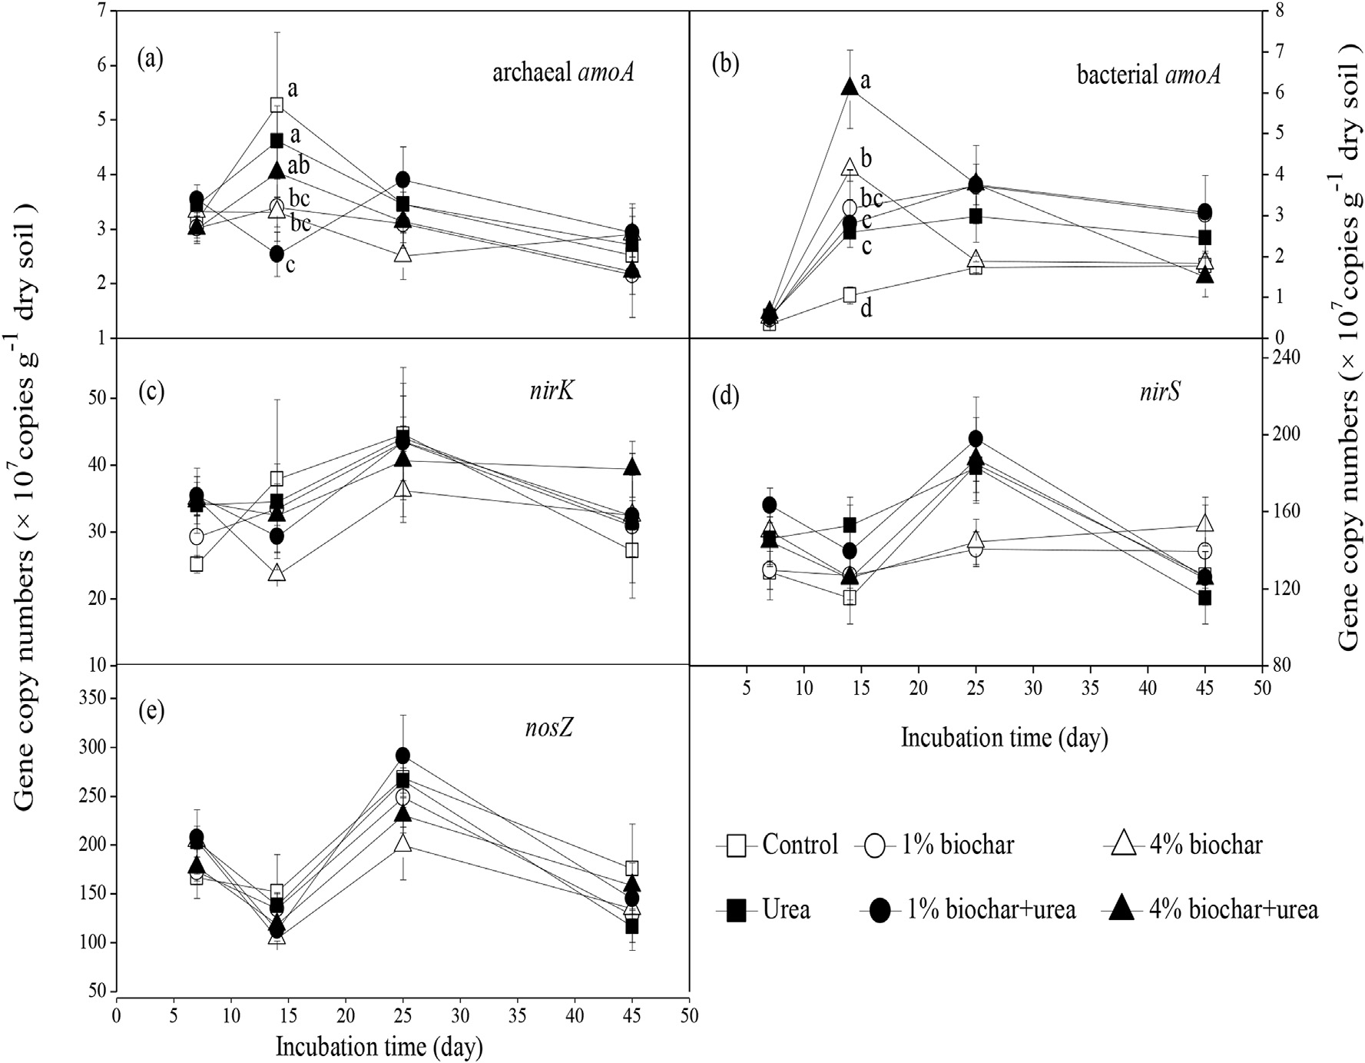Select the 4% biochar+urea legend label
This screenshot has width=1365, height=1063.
(x=1233, y=909)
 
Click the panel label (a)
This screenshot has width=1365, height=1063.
(x=151, y=59)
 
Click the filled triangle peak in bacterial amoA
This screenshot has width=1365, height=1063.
(x=850, y=87)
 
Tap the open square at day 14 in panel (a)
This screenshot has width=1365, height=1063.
(x=277, y=105)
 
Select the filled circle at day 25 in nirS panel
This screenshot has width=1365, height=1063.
(x=976, y=439)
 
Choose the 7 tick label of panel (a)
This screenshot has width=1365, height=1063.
(x=101, y=12)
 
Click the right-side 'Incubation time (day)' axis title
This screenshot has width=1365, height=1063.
(x=1004, y=738)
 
